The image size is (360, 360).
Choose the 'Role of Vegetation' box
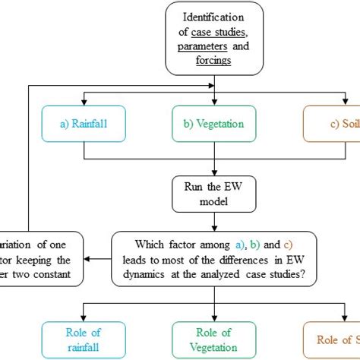(216, 339)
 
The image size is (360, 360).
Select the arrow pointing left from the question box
(96, 258)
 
